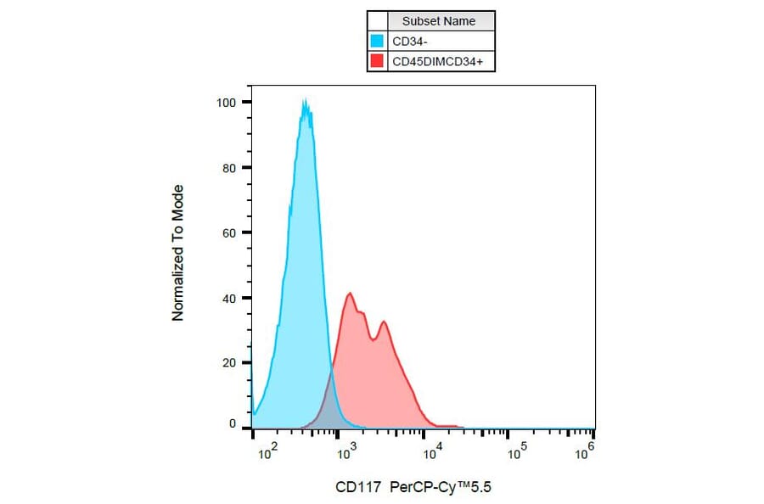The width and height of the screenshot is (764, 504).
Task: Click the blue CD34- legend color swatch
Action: click(378, 41)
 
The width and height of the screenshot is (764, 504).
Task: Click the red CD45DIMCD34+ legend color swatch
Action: click(378, 61)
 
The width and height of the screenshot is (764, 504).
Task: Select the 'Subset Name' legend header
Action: click(439, 21)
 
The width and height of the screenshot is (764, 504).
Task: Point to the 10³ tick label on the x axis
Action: click(345, 454)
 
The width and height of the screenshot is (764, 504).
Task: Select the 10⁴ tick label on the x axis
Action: click(433, 454)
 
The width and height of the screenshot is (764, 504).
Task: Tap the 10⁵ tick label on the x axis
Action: click(514, 454)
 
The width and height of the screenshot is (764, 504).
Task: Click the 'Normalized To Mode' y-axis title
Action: click(178, 253)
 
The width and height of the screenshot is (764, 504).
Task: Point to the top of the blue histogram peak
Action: click(305, 101)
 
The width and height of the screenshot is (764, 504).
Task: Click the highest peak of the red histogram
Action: click(349, 294)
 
